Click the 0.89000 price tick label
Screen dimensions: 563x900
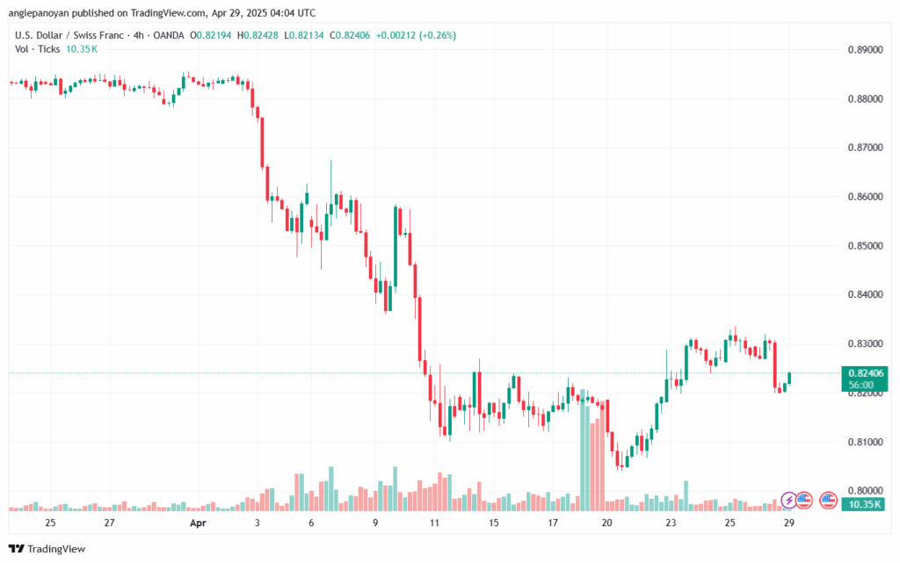(864, 50)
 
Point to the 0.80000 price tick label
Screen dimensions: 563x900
(864, 489)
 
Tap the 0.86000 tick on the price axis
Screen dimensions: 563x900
(864, 197)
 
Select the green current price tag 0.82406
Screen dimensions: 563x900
(864, 373)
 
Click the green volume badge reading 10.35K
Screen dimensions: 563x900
(864, 503)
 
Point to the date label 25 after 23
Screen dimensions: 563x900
(729, 523)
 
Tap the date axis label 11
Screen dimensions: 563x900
(434, 523)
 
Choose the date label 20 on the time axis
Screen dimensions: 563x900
(606, 523)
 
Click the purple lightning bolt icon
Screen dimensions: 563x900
(788, 500)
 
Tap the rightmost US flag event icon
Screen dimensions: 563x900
(827, 500)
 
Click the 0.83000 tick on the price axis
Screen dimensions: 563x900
(864, 343)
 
